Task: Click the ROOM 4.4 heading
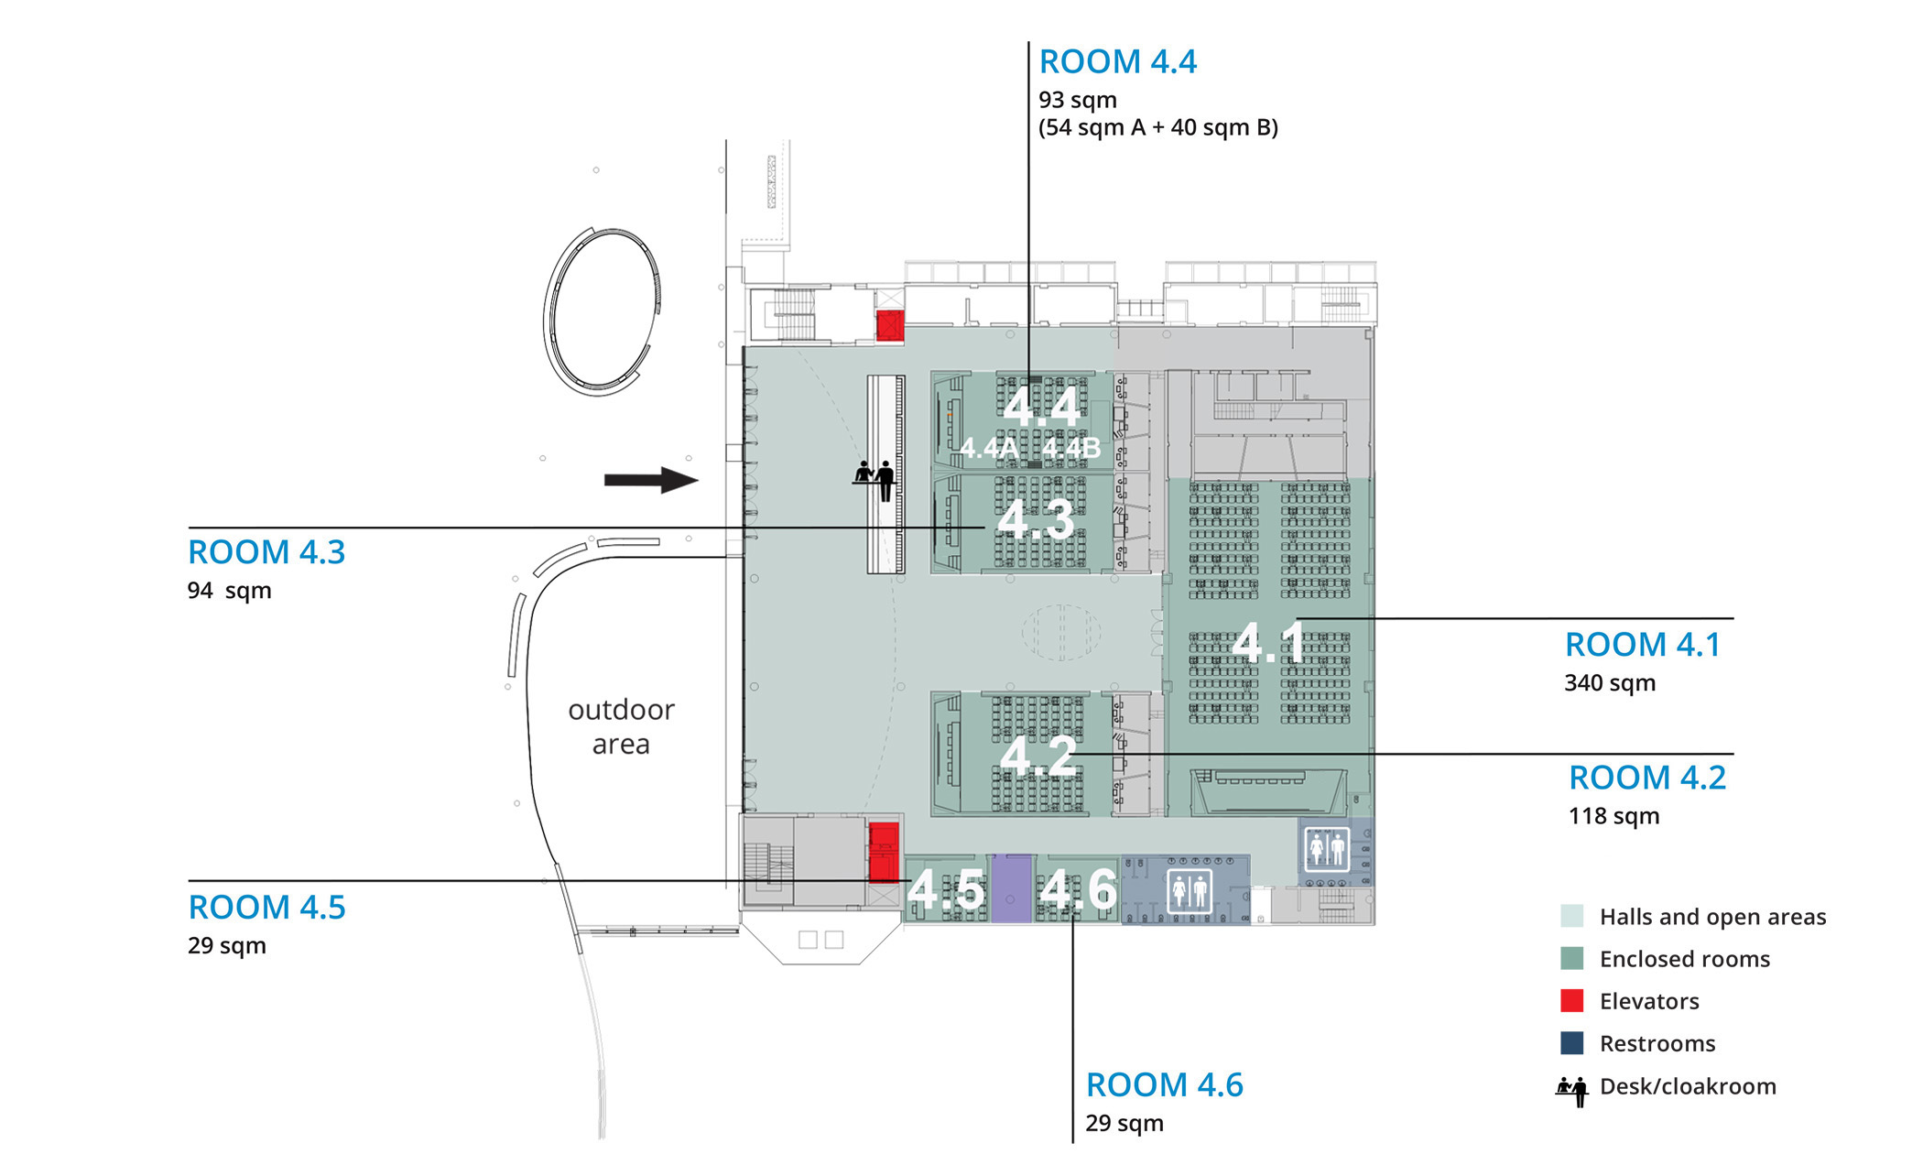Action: [x=1117, y=62]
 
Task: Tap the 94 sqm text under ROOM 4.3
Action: [x=229, y=591]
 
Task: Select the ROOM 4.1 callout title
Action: [x=1643, y=645]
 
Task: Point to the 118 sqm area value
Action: [x=1613, y=816]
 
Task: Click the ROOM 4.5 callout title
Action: [x=266, y=908]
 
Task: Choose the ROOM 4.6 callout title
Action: [x=1165, y=1085]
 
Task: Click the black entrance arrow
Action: [x=651, y=480]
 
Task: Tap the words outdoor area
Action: [x=621, y=727]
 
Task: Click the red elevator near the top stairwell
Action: [x=890, y=325]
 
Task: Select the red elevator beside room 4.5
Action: [x=884, y=852]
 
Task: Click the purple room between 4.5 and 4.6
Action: [x=1012, y=888]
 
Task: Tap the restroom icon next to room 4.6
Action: [x=1190, y=890]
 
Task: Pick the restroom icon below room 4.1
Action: [x=1327, y=849]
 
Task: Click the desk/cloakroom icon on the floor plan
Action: [x=875, y=480]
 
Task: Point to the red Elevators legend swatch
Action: [x=1572, y=1001]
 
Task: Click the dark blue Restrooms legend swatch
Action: [x=1572, y=1043]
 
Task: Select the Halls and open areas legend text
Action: [x=1712, y=917]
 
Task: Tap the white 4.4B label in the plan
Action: [x=1070, y=449]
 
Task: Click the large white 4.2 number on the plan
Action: [x=1038, y=757]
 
